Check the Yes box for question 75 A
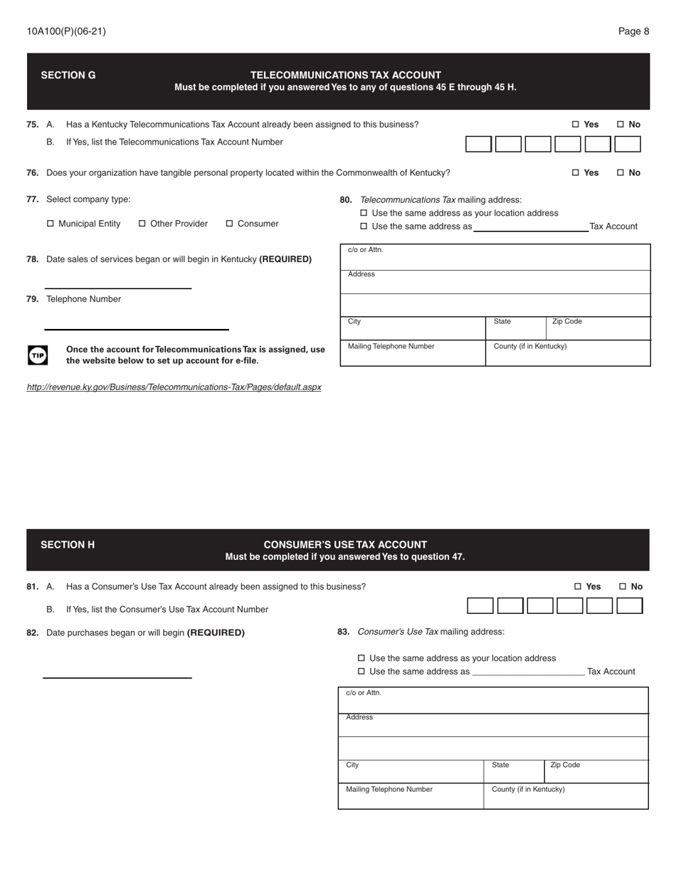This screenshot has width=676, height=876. [x=576, y=125]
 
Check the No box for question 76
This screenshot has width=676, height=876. [x=620, y=173]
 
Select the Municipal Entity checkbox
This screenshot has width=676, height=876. [x=51, y=224]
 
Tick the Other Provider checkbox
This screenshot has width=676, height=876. [x=142, y=224]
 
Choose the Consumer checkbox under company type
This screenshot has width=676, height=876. [x=230, y=224]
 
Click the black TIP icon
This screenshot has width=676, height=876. [x=38, y=355]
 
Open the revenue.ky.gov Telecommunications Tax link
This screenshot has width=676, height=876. [x=174, y=387]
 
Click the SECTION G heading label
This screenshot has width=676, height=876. [x=68, y=75]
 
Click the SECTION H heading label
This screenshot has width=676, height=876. [x=68, y=545]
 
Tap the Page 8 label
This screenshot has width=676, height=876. [x=633, y=31]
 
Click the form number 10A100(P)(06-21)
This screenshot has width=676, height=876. [x=66, y=31]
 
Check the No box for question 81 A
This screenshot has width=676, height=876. [x=623, y=587]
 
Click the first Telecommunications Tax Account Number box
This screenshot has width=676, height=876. [x=478, y=145]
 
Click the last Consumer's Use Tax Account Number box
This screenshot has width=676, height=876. [x=629, y=606]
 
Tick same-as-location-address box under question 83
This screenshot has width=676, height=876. [x=361, y=659]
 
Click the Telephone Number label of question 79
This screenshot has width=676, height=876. [x=83, y=300]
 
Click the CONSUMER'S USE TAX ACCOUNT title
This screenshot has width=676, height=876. [x=345, y=545]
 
